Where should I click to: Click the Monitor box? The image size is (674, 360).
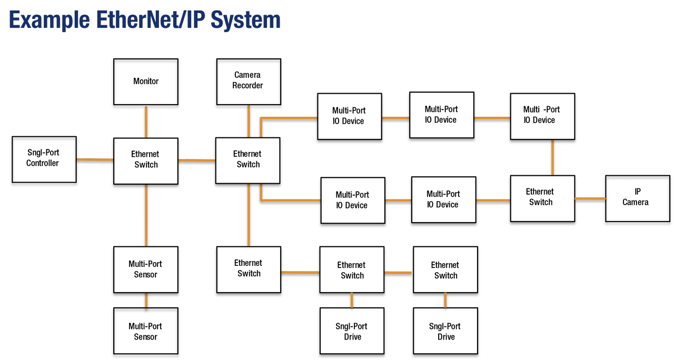click(x=146, y=82)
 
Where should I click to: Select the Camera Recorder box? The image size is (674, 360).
click(x=249, y=81)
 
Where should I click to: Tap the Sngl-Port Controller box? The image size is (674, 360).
click(x=44, y=159)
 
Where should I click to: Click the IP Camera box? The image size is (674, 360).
click(x=637, y=198)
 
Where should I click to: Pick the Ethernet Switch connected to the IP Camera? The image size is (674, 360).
click(x=542, y=198)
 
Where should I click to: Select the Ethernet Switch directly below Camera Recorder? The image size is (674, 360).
click(x=247, y=160)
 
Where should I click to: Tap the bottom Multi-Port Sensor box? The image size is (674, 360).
click(x=146, y=332)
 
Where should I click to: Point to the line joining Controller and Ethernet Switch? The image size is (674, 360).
click(x=95, y=159)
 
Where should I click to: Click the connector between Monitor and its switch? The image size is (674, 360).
click(x=146, y=122)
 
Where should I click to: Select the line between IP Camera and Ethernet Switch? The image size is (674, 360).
click(x=590, y=198)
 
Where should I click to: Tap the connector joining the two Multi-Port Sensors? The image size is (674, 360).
click(x=146, y=301)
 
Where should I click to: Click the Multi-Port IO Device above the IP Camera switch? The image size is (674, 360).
click(x=542, y=116)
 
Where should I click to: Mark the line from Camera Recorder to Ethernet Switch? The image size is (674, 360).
click(x=249, y=121)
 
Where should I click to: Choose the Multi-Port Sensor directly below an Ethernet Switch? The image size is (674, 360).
click(x=146, y=269)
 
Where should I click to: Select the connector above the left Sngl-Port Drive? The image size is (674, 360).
click(x=352, y=301)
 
